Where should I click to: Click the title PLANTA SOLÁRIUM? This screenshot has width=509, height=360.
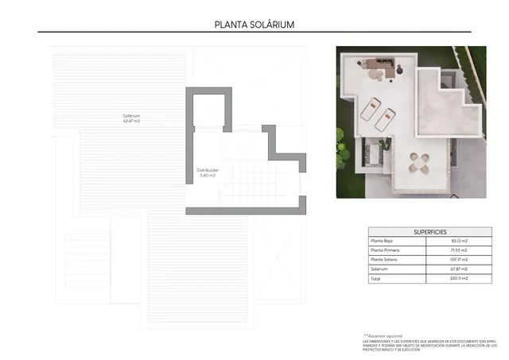[x=254, y=24]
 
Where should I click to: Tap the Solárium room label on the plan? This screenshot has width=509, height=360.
[x=131, y=116]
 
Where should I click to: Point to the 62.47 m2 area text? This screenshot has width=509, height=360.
[x=131, y=122]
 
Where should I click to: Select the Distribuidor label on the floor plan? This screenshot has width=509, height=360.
[x=208, y=169]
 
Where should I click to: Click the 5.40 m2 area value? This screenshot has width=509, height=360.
[x=208, y=175]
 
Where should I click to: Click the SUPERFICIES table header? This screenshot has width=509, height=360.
[x=429, y=231]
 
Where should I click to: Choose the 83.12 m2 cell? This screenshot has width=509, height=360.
[x=460, y=241]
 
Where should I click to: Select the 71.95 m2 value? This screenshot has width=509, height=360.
[x=460, y=250]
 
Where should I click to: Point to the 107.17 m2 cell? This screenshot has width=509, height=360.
[x=460, y=260]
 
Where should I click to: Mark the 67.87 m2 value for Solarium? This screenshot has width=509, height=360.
[x=460, y=269]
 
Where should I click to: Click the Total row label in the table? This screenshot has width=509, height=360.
[x=375, y=279]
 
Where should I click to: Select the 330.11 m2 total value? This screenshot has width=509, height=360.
[x=460, y=279]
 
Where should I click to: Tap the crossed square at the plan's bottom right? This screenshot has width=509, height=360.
[x=280, y=254]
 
